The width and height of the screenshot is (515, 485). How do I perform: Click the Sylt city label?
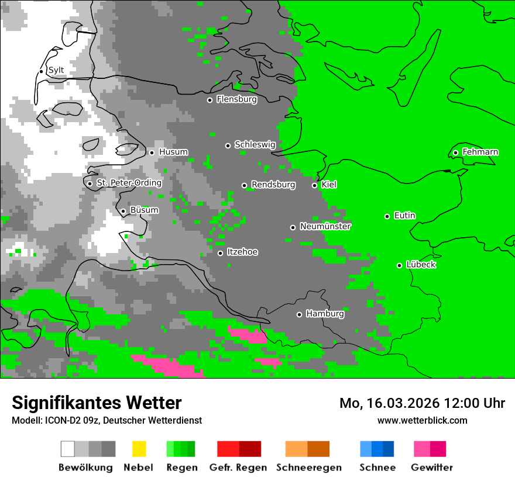[x=56, y=71]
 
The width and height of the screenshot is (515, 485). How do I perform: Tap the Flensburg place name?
[x=236, y=99]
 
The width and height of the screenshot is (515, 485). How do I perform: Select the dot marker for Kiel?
[x=314, y=185]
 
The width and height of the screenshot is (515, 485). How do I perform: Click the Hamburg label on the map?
[x=325, y=314]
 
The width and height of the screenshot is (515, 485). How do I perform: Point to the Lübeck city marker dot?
[x=399, y=265]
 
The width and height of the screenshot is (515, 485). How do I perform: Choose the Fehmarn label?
[x=480, y=152]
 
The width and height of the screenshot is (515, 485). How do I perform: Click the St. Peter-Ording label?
[x=129, y=183]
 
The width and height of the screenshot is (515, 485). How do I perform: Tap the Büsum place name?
[x=144, y=210]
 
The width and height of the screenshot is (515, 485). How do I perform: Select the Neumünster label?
[x=325, y=226]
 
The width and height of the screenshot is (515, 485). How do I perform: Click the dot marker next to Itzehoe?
[x=220, y=253]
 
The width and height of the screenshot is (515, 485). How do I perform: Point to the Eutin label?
[x=404, y=216]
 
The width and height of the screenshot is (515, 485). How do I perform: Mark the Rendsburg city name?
[x=273, y=185]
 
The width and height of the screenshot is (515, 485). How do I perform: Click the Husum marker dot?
[x=152, y=153]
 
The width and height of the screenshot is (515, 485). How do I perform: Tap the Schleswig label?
[x=255, y=144]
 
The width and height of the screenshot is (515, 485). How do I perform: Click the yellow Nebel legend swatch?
[x=139, y=449]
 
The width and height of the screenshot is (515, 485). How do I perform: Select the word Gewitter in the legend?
[x=431, y=467]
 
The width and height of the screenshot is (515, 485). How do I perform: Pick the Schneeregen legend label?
[x=308, y=467]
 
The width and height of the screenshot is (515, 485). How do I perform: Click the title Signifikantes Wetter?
[x=97, y=403]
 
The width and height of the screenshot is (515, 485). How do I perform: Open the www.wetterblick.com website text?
[x=422, y=420]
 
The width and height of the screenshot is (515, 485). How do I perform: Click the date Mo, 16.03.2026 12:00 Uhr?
[x=422, y=403]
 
